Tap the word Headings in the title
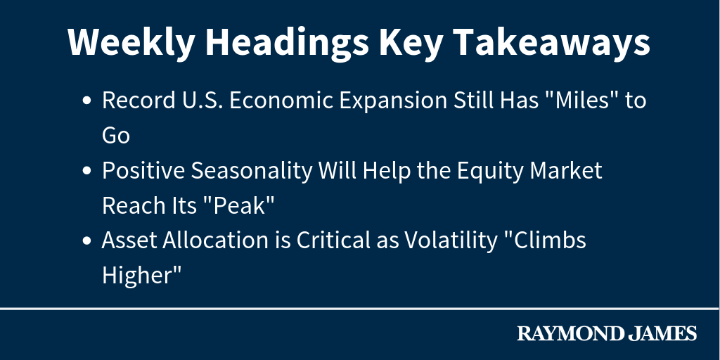[x=287, y=42]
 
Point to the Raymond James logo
[x=607, y=333]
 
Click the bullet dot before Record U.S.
[x=86, y=101]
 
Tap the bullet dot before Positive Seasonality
[x=86, y=171]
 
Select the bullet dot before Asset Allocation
[x=86, y=240]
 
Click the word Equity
[x=490, y=172]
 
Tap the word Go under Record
[x=116, y=136]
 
